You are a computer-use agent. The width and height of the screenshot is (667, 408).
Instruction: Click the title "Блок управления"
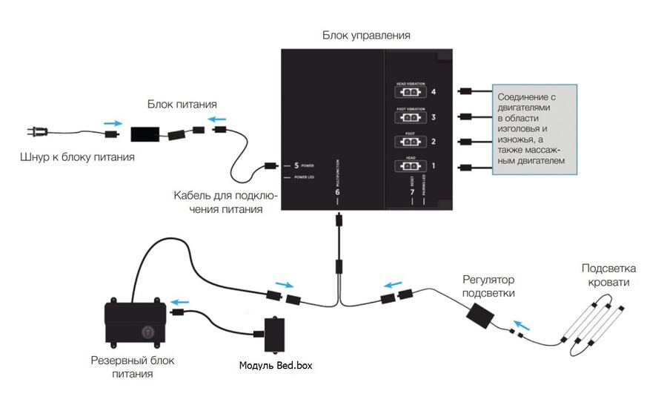point(366,35)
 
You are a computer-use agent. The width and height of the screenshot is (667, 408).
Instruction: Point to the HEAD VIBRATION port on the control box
point(411,93)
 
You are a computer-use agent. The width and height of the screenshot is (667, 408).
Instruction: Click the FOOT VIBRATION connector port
point(411,117)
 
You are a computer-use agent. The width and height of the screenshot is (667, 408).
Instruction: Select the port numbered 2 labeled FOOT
point(411,141)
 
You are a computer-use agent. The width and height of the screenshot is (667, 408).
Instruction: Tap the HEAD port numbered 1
point(411,166)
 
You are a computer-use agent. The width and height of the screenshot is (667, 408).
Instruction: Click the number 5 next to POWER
point(296,165)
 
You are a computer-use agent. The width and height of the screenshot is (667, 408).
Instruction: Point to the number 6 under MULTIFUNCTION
point(338,192)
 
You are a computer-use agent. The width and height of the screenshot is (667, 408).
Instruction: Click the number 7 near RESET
point(412,192)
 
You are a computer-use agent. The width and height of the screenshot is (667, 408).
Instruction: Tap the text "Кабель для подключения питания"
point(225,203)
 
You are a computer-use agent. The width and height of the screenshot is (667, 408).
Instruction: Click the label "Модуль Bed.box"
point(276,366)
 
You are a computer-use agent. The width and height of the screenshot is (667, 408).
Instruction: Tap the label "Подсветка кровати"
point(608,275)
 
